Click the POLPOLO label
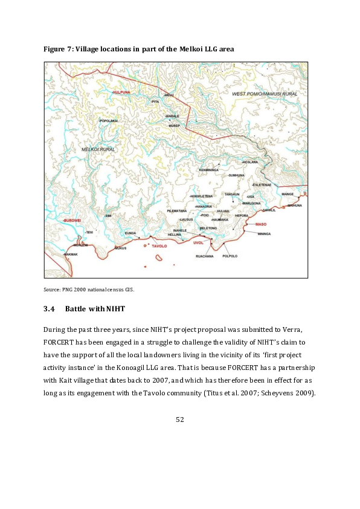[x=230, y=256]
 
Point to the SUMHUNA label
[x=236, y=175]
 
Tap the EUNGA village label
[x=130, y=233]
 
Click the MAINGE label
[x=288, y=194]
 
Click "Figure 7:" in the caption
[x=57, y=49]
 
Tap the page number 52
[x=179, y=419]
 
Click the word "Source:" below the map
[x=52, y=289]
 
